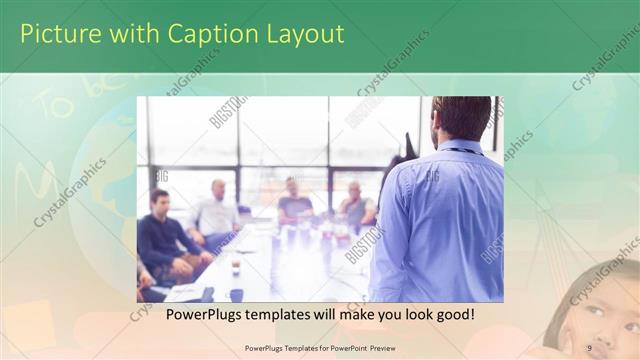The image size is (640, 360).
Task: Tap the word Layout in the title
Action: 303,34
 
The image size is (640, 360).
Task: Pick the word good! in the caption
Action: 454,315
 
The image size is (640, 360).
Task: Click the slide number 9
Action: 589,348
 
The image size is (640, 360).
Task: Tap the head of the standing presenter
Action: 461,117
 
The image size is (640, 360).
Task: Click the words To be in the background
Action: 75,100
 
